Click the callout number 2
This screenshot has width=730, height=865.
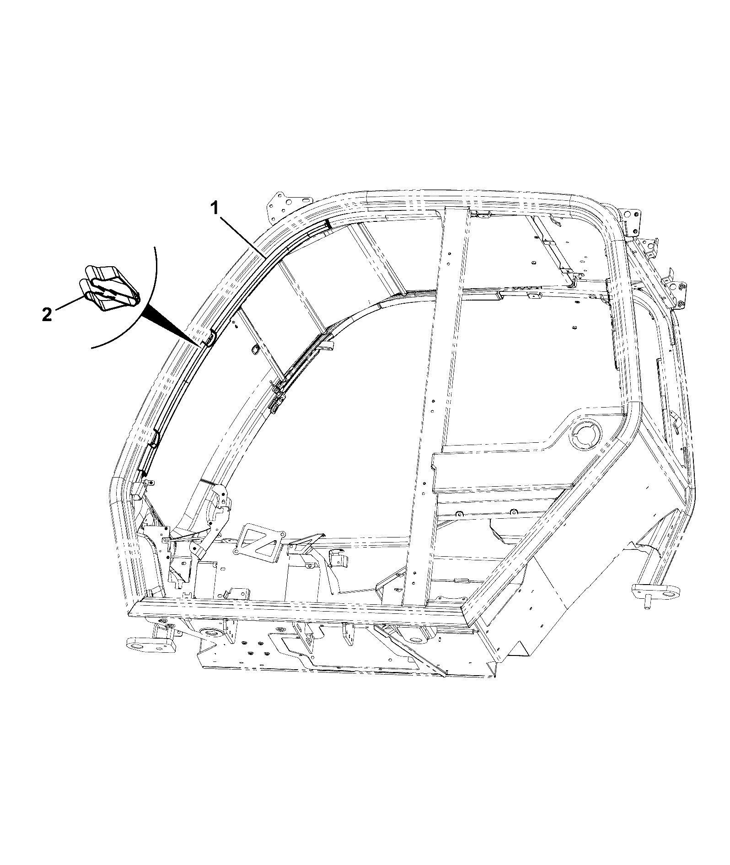click(47, 315)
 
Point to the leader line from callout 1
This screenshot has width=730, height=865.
click(242, 237)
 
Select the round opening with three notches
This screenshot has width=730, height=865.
click(584, 435)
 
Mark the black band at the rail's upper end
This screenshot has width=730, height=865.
click(328, 224)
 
